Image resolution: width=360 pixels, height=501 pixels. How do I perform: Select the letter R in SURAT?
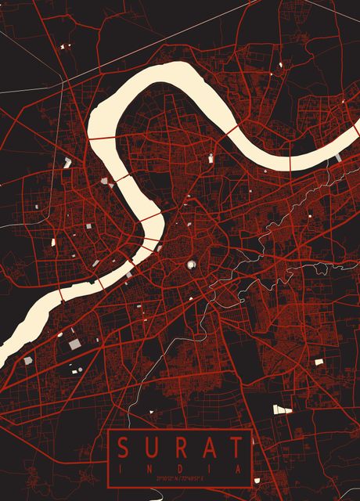click(x=179, y=449)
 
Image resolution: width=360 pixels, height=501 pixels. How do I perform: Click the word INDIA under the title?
click(x=179, y=468)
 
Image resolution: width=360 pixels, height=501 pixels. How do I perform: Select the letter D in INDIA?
click(x=179, y=468)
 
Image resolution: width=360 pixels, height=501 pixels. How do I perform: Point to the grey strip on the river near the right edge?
click(x=338, y=158)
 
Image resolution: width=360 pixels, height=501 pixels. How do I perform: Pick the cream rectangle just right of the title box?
click(x=282, y=409)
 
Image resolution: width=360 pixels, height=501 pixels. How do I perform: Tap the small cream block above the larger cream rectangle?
click(x=319, y=362)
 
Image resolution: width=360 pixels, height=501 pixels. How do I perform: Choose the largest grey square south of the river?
click(x=74, y=344)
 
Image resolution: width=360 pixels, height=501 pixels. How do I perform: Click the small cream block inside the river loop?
click(x=211, y=159)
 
